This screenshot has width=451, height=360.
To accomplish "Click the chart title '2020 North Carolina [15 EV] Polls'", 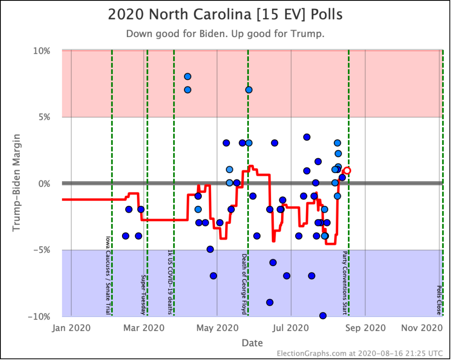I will coord(225,15).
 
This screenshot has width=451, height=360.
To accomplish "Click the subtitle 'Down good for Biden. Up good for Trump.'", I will coord(225,34).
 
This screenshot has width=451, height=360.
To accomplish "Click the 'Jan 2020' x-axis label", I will coord(71,328).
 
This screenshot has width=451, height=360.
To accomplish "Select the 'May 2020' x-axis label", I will coord(218,328).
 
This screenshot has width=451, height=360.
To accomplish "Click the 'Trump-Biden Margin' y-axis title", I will coord(17,183).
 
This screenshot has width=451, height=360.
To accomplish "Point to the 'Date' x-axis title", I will coord(252,343).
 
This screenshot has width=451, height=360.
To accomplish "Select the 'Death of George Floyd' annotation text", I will coord(244,284).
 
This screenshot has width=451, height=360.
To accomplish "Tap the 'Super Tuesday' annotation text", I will coord(143,295).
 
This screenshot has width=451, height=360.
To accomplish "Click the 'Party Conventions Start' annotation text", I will coord(345,283).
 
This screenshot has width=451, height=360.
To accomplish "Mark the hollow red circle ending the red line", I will coord(347,171).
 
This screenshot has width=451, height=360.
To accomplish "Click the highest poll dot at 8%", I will coord(187,77).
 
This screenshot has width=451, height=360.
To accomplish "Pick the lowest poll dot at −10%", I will coord(322,315).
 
